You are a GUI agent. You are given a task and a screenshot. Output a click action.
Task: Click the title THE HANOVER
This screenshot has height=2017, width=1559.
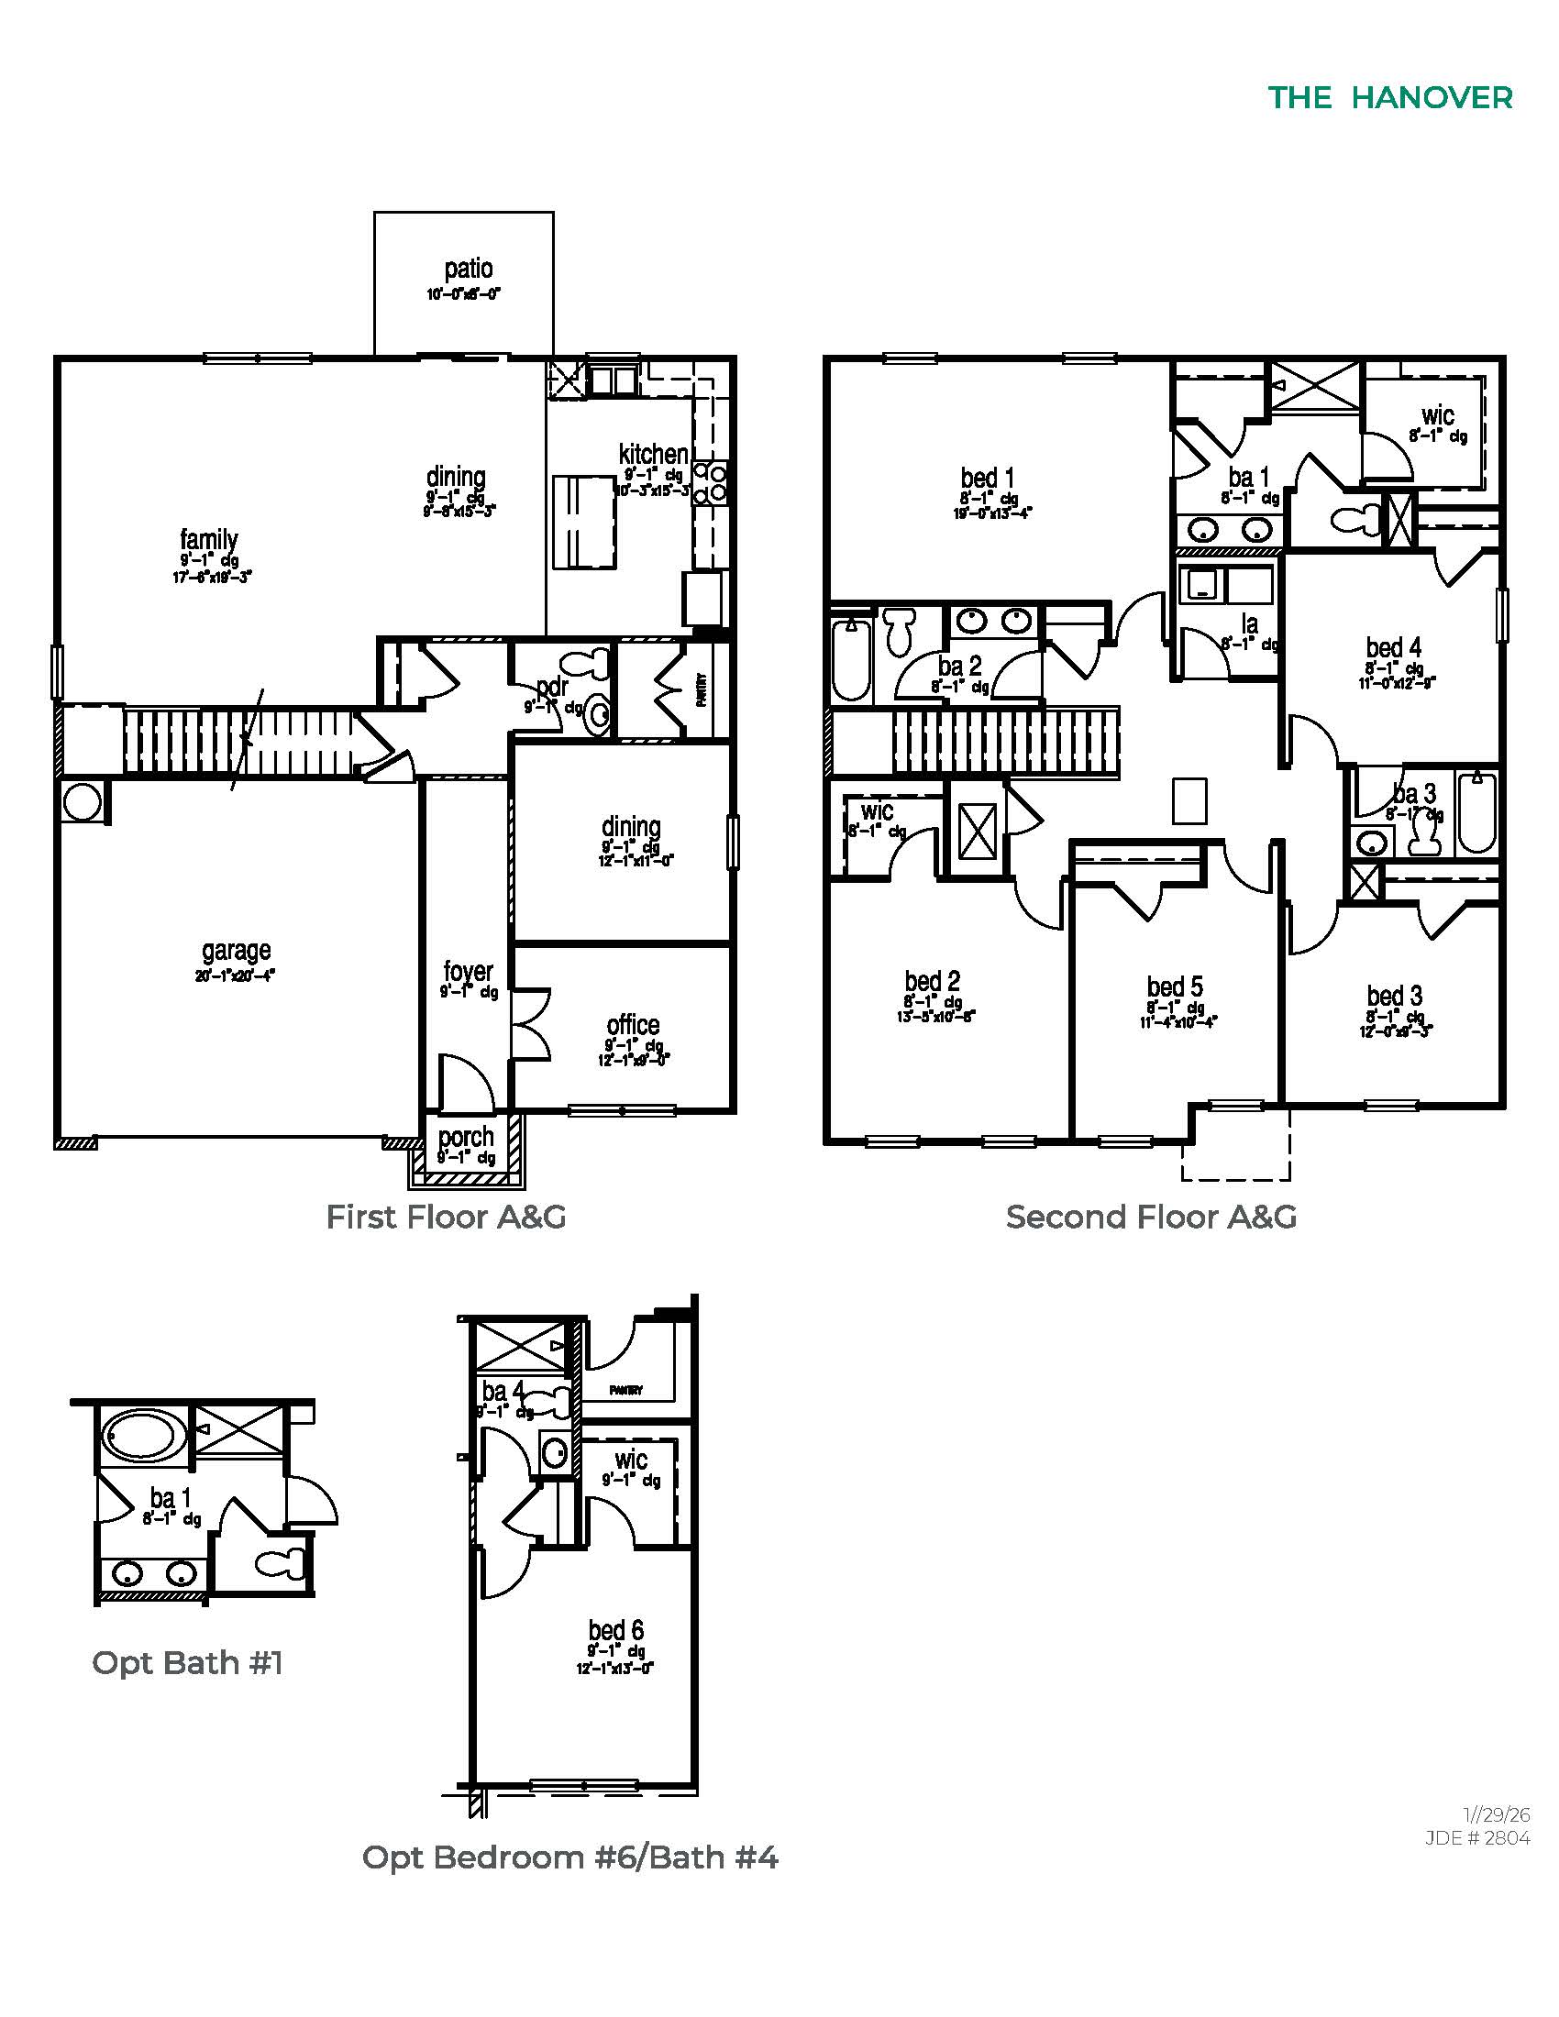[1389, 98]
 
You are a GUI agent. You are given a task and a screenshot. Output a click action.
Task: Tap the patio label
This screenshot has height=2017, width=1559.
[469, 269]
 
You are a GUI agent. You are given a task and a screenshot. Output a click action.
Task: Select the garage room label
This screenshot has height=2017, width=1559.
[237, 951]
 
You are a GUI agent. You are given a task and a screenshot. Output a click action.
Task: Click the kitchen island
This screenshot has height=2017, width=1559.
[583, 522]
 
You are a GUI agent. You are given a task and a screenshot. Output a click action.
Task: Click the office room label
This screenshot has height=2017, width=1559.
[633, 1025]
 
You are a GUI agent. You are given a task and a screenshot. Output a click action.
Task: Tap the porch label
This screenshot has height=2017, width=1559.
[466, 1138]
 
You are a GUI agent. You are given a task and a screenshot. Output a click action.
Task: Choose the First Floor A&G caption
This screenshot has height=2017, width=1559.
[446, 1218]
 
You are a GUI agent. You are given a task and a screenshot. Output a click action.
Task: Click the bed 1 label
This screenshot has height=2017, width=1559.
[988, 478]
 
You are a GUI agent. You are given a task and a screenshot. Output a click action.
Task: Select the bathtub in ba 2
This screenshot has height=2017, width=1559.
[851, 660]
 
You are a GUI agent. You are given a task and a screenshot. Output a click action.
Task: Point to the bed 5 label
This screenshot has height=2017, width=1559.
[1175, 986]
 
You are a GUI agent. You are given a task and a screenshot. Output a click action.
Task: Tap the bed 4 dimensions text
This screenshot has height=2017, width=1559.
[1398, 683]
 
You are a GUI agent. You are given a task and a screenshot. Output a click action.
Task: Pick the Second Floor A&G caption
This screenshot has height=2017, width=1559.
[1151, 1218]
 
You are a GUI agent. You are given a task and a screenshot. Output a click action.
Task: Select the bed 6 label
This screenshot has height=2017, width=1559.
[615, 1631]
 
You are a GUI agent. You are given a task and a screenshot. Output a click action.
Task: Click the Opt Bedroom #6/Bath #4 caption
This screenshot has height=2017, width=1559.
[569, 1857]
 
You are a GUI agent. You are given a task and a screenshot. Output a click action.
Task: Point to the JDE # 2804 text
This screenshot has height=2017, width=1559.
[1476, 1838]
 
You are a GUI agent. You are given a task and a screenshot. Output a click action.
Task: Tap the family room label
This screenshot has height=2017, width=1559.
[209, 538]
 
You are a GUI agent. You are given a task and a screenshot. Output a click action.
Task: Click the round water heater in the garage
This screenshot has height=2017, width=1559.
[83, 801]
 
